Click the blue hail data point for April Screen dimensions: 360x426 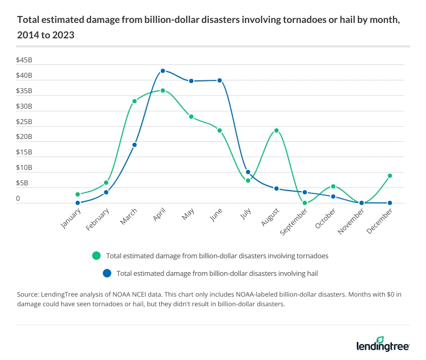click(162, 71)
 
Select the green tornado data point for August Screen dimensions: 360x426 click(276, 130)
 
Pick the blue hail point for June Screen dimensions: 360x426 click(219, 80)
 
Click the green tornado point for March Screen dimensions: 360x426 click(134, 101)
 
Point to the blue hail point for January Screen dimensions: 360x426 click(78, 203)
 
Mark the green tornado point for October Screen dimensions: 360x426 click(333, 186)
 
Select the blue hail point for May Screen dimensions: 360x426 click(191, 81)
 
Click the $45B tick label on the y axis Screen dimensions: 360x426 click(24, 60)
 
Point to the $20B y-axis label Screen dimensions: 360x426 click(24, 137)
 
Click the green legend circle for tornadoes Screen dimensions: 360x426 click(96, 256)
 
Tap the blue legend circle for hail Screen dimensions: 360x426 click(106, 273)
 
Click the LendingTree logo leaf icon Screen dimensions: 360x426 click(380, 340)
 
